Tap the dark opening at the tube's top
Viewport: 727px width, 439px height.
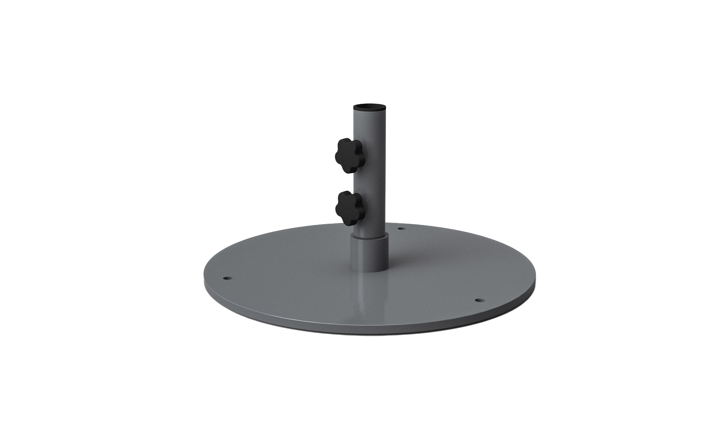(x=370, y=106)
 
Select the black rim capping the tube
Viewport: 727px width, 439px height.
(x=370, y=110)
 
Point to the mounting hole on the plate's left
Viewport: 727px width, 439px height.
(x=227, y=279)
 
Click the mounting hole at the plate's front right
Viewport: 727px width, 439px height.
(x=478, y=300)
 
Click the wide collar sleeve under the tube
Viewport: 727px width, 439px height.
(x=370, y=253)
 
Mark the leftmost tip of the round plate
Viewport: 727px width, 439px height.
(x=204, y=281)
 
